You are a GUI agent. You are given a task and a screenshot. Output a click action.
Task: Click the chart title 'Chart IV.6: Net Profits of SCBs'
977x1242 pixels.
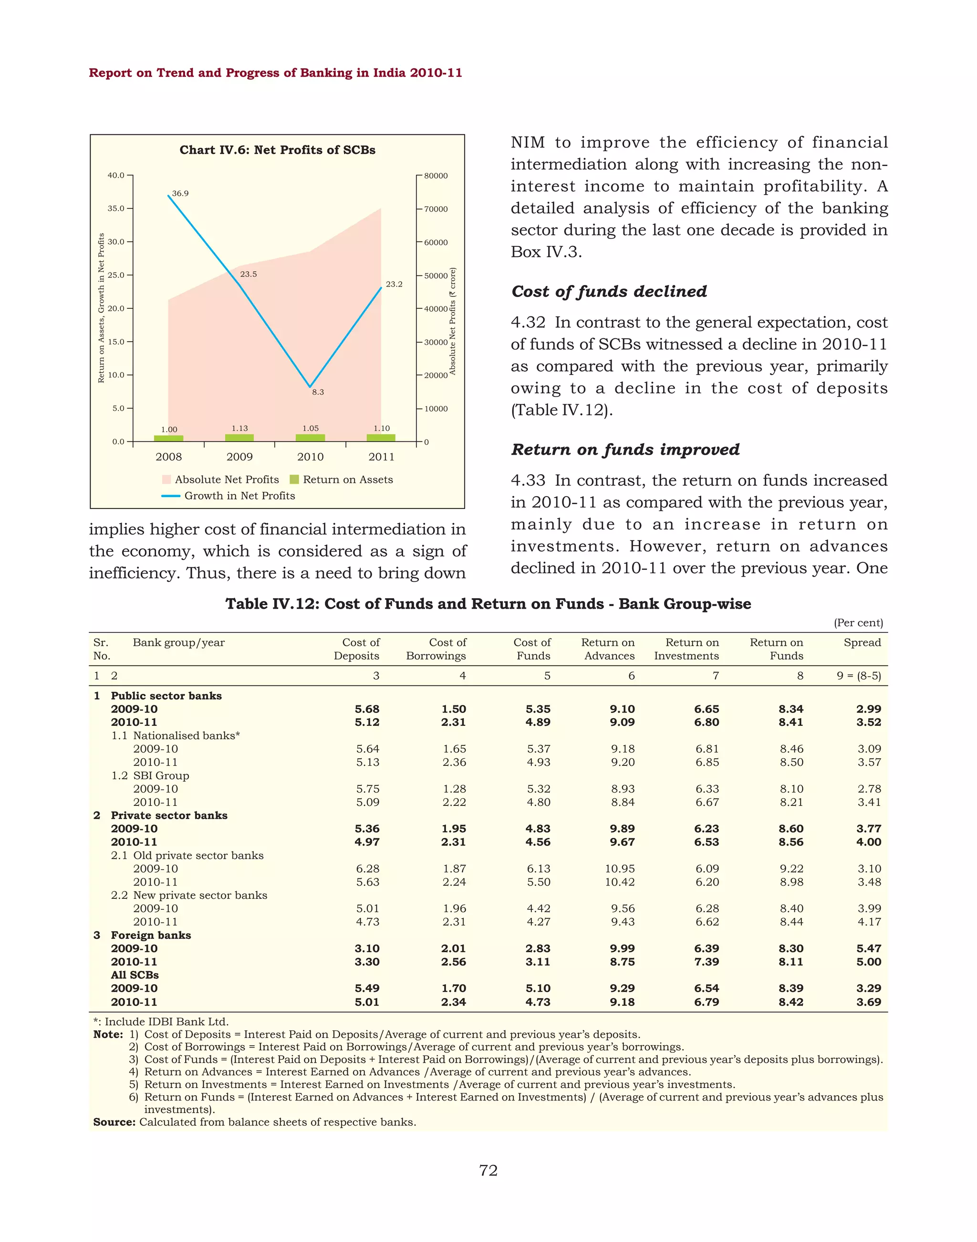point(278,150)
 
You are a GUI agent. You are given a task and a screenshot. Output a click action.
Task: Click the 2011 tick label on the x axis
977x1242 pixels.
point(381,457)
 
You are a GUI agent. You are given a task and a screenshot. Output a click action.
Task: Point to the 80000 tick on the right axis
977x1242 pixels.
point(436,176)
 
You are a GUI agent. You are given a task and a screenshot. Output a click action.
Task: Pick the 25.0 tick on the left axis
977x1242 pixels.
point(116,275)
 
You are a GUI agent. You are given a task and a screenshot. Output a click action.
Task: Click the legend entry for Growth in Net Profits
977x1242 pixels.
point(239,496)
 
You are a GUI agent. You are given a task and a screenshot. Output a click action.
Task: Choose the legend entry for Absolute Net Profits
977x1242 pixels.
point(227,479)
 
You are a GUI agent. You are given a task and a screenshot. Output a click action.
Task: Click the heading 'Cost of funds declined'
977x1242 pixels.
point(609,292)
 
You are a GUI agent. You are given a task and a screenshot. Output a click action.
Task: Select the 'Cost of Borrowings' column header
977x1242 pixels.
point(437,649)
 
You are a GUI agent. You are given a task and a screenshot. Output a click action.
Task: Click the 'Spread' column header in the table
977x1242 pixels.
point(862,642)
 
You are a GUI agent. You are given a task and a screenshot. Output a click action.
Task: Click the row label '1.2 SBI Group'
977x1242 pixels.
point(150,775)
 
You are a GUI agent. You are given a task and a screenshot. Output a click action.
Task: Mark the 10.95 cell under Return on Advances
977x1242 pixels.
point(620,869)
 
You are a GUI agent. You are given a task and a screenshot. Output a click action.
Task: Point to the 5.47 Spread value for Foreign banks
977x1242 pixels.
point(868,948)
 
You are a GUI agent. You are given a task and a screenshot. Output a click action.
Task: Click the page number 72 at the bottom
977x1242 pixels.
point(488,1171)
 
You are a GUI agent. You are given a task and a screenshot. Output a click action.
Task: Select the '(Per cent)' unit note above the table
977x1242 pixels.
point(858,623)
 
